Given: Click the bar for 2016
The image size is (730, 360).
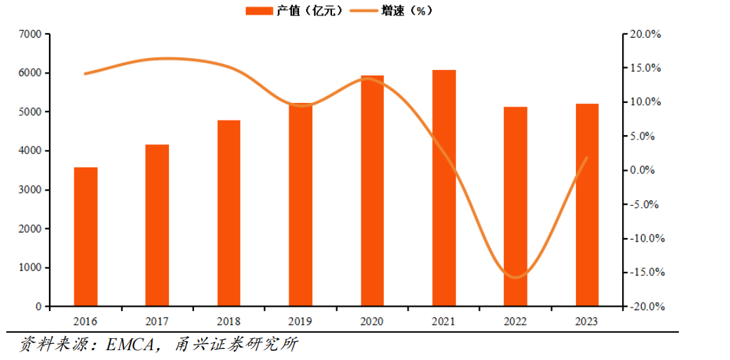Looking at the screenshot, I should (85, 237).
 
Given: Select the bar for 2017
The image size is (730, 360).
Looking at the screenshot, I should (157, 226).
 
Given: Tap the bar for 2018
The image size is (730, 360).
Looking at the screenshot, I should (228, 214).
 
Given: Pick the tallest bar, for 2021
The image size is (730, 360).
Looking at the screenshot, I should (443, 188).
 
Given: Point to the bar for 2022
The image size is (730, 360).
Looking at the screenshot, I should (515, 207).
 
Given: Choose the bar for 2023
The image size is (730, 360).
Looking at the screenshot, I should (587, 205).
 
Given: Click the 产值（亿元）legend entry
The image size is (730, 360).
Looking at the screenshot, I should (294, 11).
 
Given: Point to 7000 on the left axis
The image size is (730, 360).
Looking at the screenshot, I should (31, 34).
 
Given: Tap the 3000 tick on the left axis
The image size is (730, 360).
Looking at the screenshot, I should (31, 190).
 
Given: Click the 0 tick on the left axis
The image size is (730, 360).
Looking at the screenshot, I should (38, 307).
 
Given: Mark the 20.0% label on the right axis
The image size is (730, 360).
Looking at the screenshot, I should (646, 34).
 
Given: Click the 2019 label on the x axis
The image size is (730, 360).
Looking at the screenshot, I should (301, 321).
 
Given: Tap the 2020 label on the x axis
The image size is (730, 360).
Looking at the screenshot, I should (373, 321).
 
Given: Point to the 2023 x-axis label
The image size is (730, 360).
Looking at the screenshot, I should (587, 321).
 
